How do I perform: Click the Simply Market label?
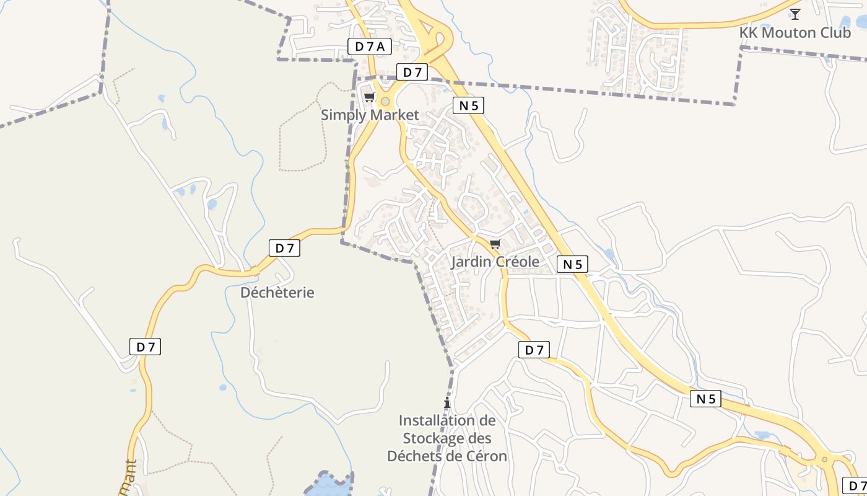click(370, 115)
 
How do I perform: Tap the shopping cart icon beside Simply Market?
click(370, 97)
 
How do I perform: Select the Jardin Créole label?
click(495, 262)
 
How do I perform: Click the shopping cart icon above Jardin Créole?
click(495, 244)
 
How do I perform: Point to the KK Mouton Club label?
click(795, 32)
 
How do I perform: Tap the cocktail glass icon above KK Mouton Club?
click(795, 14)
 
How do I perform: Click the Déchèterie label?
click(277, 292)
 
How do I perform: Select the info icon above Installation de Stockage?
click(447, 402)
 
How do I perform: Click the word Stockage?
click(447, 438)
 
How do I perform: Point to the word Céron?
click(486, 456)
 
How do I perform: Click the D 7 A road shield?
click(370, 46)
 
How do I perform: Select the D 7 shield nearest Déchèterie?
click(284, 248)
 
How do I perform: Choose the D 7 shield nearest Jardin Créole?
click(534, 350)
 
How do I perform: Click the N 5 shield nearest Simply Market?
click(468, 105)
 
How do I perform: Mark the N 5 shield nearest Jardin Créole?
click(572, 264)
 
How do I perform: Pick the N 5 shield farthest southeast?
click(706, 399)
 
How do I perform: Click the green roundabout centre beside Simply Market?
click(385, 101)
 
